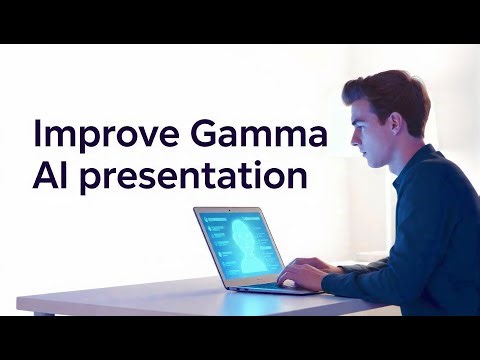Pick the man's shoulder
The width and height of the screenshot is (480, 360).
[x=440, y=175]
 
